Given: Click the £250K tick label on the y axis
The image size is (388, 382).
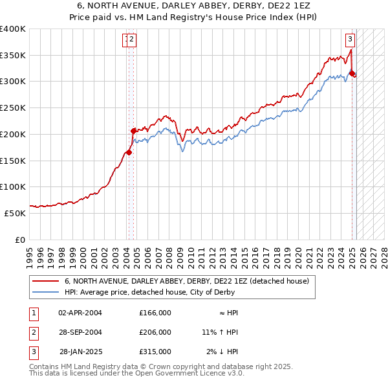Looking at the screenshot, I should (x=13, y=107).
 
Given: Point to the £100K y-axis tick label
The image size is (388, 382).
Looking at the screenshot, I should (x=13, y=186).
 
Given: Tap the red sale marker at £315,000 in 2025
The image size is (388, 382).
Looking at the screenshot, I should (x=352, y=73).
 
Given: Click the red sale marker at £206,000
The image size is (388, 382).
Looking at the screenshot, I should (x=133, y=131).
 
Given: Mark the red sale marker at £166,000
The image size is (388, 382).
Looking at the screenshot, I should (x=128, y=152).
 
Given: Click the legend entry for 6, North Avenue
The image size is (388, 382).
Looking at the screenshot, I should (x=187, y=281).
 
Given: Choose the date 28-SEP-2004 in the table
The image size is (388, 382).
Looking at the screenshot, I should (x=80, y=332).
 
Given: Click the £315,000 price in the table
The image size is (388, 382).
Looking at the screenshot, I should (x=155, y=352).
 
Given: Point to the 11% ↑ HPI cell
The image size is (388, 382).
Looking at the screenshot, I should (x=220, y=332).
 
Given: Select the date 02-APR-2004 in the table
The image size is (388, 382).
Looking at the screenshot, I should (x=80, y=313).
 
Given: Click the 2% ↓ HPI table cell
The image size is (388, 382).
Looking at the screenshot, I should (x=222, y=352).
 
